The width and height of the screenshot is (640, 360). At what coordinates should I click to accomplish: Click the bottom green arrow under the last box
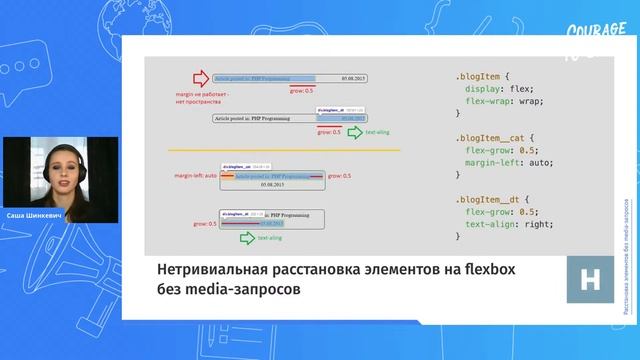click(x=241, y=239)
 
